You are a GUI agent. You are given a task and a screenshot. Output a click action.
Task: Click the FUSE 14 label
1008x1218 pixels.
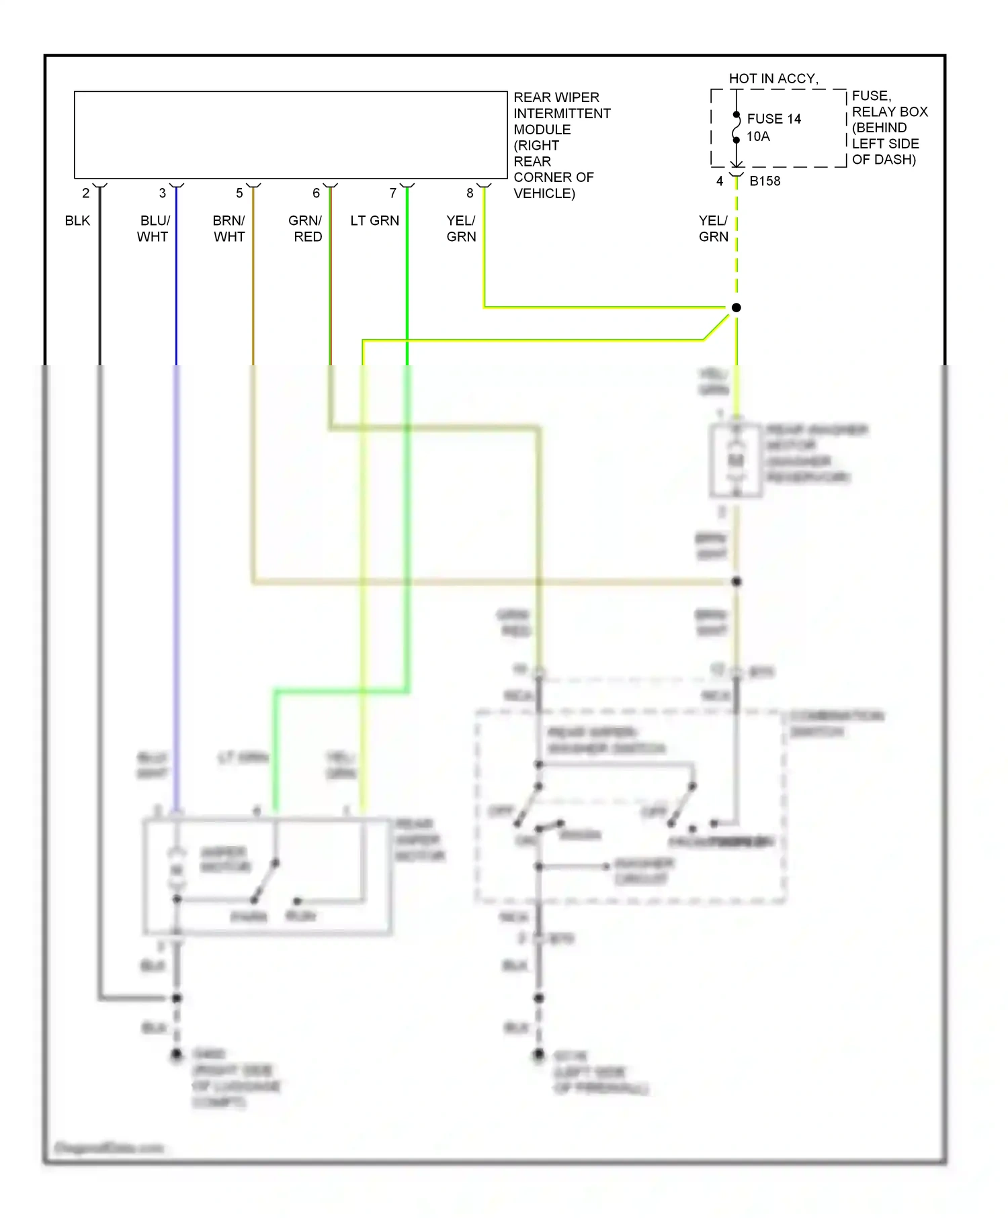coord(773,119)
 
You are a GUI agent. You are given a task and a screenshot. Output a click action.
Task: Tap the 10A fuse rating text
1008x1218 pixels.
coord(757,136)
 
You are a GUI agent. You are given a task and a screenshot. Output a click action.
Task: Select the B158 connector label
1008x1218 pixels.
coord(765,181)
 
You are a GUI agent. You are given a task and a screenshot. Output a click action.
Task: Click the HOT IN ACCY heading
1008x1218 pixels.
coord(773,79)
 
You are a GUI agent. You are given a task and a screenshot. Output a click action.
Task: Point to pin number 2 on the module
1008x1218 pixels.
coord(86,193)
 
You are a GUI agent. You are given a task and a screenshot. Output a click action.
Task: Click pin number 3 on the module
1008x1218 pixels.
coord(163,193)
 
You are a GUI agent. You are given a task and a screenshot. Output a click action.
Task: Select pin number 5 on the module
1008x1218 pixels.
coord(239,193)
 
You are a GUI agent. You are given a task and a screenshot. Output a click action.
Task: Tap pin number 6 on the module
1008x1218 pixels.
coord(316,193)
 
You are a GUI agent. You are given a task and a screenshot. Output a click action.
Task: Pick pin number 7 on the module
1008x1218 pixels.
coord(393,193)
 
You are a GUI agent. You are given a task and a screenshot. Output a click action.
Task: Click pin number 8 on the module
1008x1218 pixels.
coord(470,193)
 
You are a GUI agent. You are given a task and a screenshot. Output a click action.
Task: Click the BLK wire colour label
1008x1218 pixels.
coord(77,221)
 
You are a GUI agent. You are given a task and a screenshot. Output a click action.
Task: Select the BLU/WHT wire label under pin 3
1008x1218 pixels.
coord(154,228)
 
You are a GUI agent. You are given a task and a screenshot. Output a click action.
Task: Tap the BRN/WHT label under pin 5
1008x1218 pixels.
coord(229,228)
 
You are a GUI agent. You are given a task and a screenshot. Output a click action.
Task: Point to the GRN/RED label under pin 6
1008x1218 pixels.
coord(306,228)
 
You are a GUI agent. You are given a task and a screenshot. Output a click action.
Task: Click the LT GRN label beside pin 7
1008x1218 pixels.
coord(374,221)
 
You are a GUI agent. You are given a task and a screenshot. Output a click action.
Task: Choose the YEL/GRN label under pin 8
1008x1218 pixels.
coord(461,228)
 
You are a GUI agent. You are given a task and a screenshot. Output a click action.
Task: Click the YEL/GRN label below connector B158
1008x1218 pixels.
coord(713,228)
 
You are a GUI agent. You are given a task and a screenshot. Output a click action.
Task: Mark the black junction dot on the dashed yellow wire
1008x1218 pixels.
coord(737,308)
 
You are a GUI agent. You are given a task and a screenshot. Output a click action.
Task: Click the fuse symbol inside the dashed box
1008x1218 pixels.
coord(737,128)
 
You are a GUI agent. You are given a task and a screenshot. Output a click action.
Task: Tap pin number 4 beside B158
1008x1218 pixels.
coord(720,181)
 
